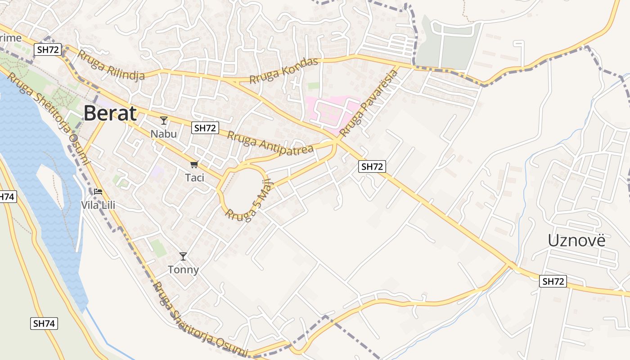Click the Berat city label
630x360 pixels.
click(x=110, y=113)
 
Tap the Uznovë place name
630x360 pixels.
click(x=576, y=241)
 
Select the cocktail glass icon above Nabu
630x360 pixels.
click(x=164, y=121)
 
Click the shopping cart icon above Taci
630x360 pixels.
click(x=194, y=165)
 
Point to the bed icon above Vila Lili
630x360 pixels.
click(x=98, y=192)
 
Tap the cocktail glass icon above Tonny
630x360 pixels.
click(x=183, y=256)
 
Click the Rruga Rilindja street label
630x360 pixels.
click(x=111, y=66)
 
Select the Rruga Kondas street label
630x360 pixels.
click(x=284, y=71)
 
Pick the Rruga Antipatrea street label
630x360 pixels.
click(x=270, y=143)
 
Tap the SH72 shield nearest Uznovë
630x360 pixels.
click(x=553, y=281)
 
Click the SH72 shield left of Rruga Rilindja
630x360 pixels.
click(x=48, y=50)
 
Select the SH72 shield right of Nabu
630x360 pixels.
click(x=205, y=128)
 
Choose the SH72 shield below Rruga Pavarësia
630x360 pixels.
click(x=372, y=166)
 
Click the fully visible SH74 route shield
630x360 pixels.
click(x=44, y=323)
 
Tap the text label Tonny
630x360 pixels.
click(x=183, y=270)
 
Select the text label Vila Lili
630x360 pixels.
click(x=98, y=205)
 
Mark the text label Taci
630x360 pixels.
click(x=194, y=178)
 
